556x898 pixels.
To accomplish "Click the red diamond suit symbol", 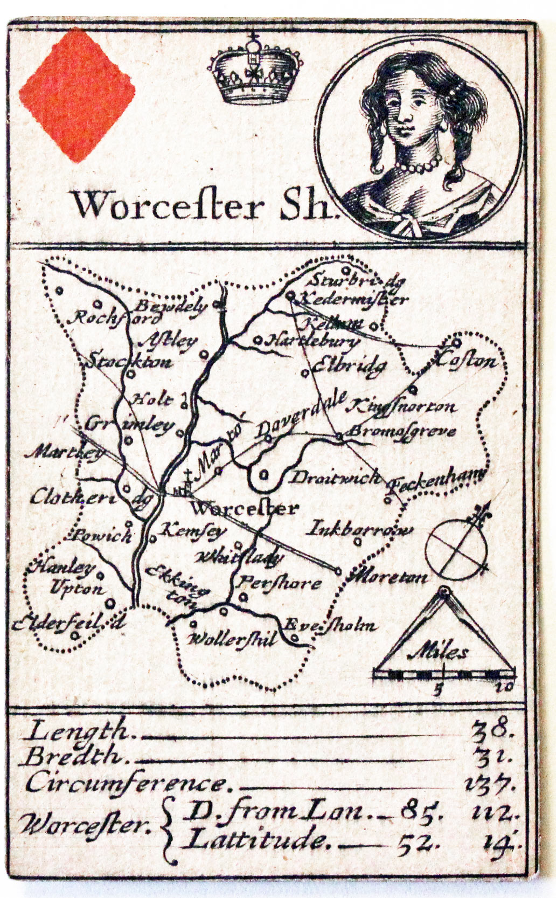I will [x=77, y=95].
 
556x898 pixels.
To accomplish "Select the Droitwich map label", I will [x=336, y=478].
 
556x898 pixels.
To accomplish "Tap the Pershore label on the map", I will [x=280, y=583].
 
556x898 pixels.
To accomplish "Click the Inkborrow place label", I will [x=359, y=529].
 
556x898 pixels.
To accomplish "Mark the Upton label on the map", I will [x=77, y=588].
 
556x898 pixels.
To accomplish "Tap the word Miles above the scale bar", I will [x=439, y=653].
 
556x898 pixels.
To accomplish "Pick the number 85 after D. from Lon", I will [x=422, y=811].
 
